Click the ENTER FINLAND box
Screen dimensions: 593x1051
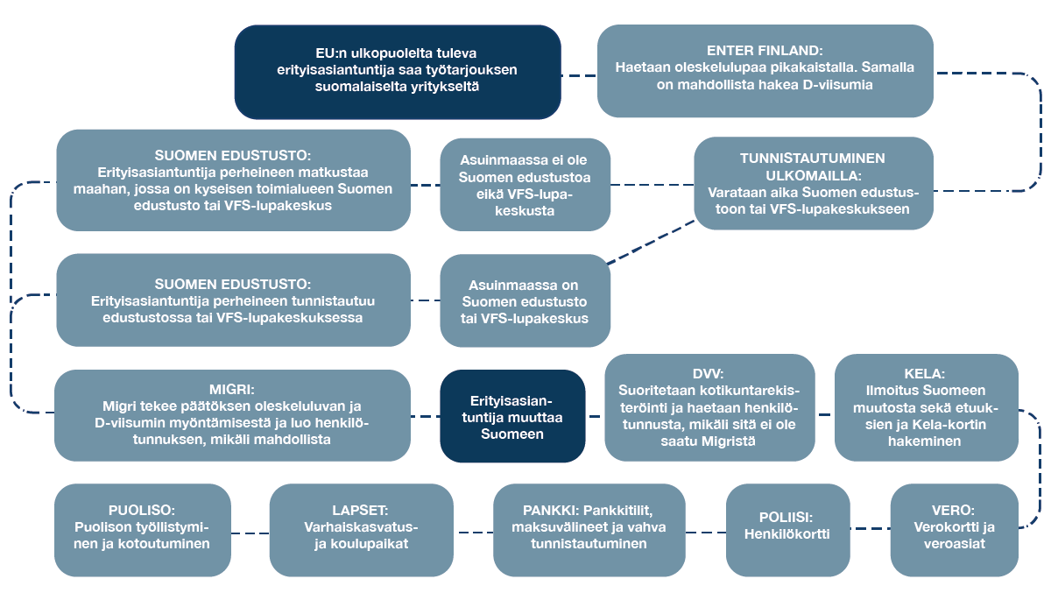coord(765,71)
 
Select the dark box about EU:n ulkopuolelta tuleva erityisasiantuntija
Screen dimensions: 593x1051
coord(398,72)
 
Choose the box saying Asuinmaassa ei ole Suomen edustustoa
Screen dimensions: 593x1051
coord(525,185)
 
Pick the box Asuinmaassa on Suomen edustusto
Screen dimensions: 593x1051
coord(525,301)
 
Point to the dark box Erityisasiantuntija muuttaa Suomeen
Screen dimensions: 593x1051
coord(512,416)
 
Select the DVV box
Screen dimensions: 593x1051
coord(709,407)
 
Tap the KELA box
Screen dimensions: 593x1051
coord(927,407)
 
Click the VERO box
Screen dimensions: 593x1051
coord(955,528)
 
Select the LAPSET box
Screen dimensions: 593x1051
coord(361,528)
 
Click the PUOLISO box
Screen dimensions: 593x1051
coord(143,528)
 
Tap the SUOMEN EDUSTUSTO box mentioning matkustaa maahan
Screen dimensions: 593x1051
coord(233,180)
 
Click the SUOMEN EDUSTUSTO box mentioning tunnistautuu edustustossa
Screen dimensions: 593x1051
coord(233,300)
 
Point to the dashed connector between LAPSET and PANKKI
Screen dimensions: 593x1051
coord(473,532)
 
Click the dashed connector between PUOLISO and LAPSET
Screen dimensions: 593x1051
coord(250,532)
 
